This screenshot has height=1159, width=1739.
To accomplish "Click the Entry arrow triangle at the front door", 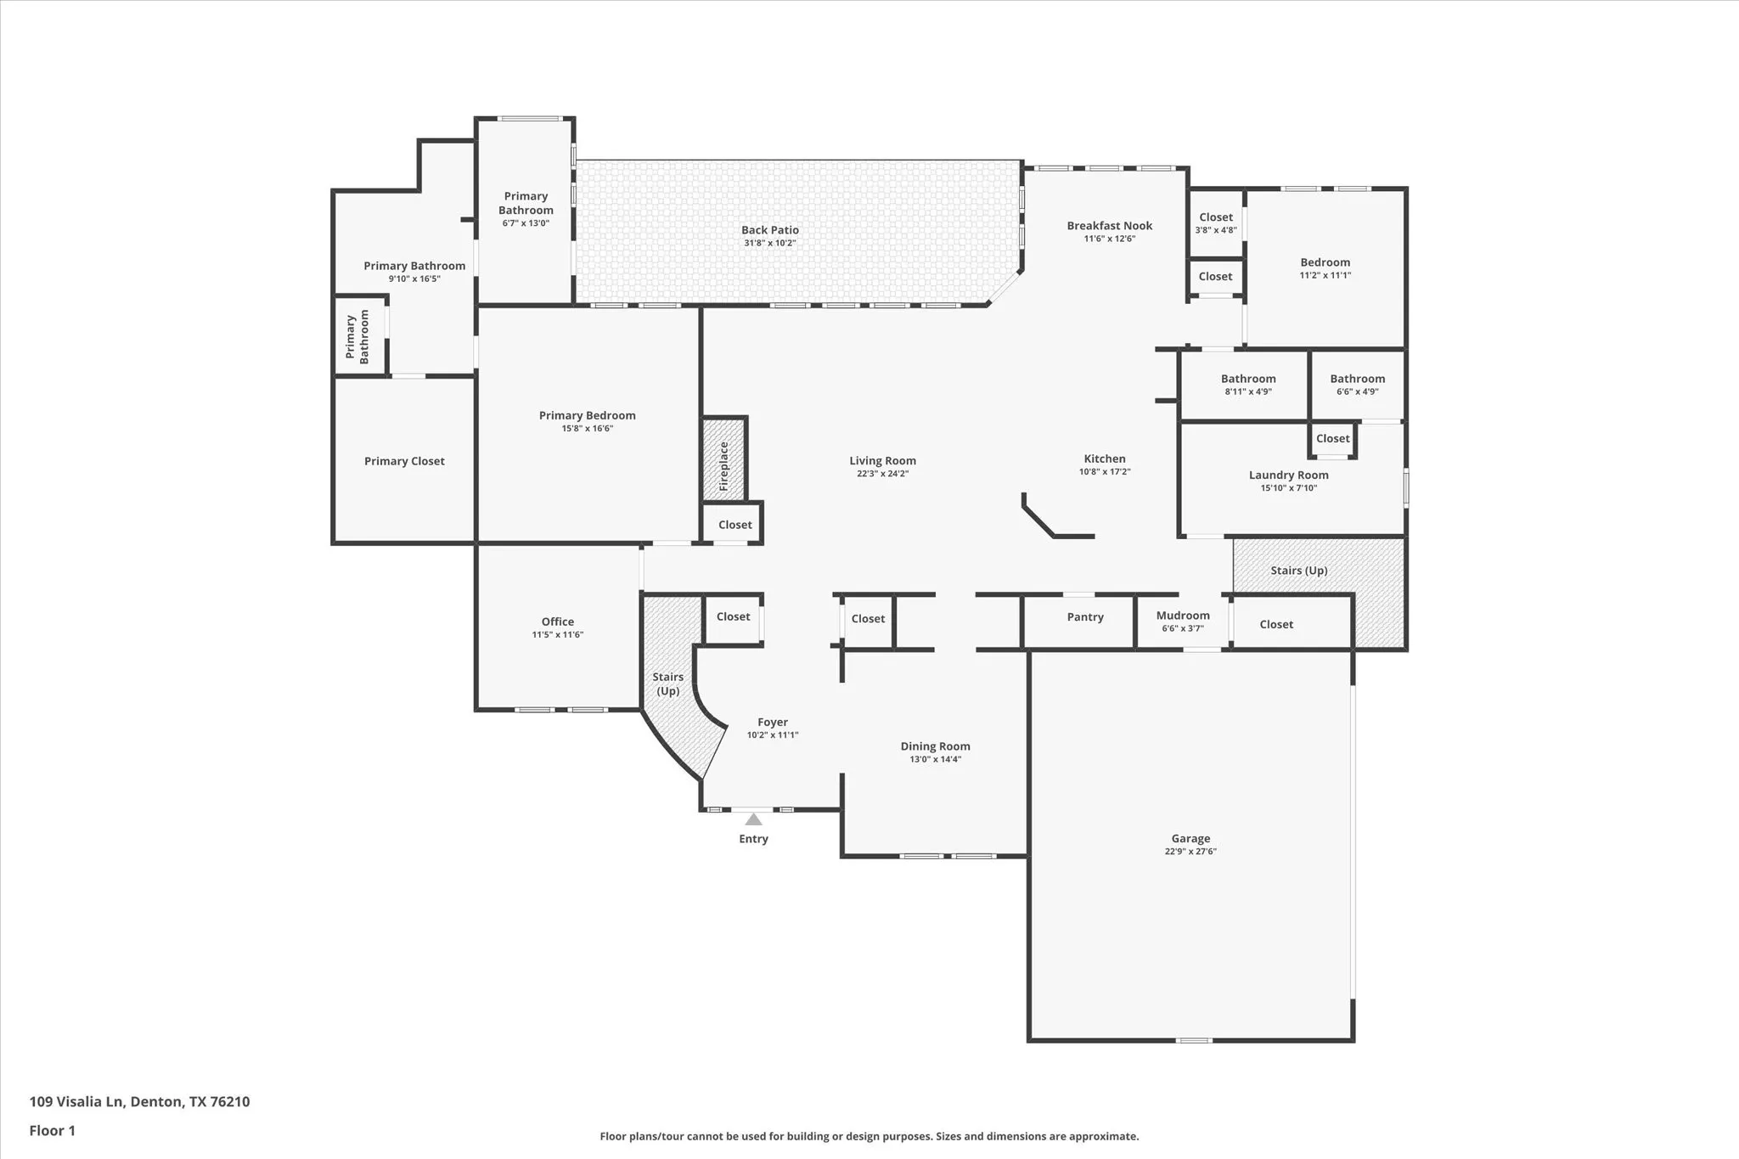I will pyautogui.click(x=753, y=819).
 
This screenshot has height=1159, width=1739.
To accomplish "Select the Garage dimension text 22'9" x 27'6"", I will pyautogui.click(x=1190, y=851).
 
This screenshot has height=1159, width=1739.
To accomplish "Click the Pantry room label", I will pyautogui.click(x=1085, y=617).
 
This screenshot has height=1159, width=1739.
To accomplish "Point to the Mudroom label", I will pyautogui.click(x=1183, y=616).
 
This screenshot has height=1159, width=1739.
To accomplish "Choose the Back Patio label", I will pyautogui.click(x=770, y=230).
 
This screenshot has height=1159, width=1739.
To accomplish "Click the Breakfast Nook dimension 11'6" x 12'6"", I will pyautogui.click(x=1109, y=239).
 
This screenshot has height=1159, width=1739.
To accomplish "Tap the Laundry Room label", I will pyautogui.click(x=1288, y=475).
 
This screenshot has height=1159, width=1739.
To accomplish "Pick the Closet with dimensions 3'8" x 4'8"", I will pyautogui.click(x=1216, y=222).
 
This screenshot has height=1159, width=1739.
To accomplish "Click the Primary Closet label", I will pyautogui.click(x=404, y=461).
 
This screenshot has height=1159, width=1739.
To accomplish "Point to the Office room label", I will pyautogui.click(x=558, y=622).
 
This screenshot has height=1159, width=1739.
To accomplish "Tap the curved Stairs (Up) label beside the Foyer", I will pyautogui.click(x=668, y=684).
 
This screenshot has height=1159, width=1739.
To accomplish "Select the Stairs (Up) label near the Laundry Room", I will pyautogui.click(x=1299, y=571).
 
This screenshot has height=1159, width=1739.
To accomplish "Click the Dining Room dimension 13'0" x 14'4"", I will pyautogui.click(x=935, y=759).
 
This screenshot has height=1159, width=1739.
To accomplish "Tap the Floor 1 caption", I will pyautogui.click(x=53, y=1130).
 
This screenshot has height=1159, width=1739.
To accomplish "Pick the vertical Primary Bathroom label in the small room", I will pyautogui.click(x=357, y=337).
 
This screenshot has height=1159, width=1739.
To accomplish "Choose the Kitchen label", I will pyautogui.click(x=1105, y=459).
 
